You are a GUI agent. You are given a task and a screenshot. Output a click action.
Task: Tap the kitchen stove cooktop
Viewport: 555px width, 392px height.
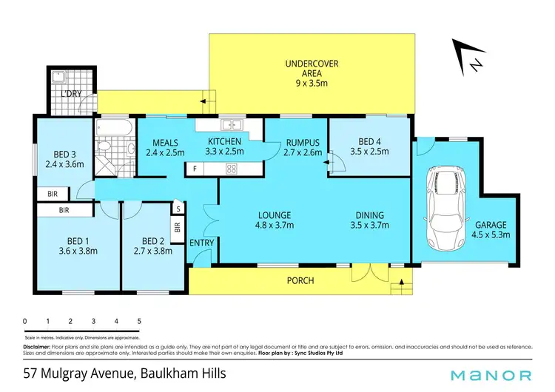231,169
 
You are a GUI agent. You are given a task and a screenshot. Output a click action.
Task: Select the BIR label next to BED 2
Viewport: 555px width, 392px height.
178,227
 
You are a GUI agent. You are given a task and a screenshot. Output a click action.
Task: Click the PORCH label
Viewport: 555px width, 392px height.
300,281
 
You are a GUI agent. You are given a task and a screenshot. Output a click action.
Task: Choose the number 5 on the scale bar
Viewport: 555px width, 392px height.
139,322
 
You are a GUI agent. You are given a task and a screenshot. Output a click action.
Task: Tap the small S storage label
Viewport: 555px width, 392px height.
178,209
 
